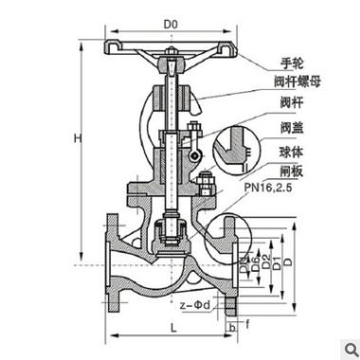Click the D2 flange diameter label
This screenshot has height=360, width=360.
point(266,257)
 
